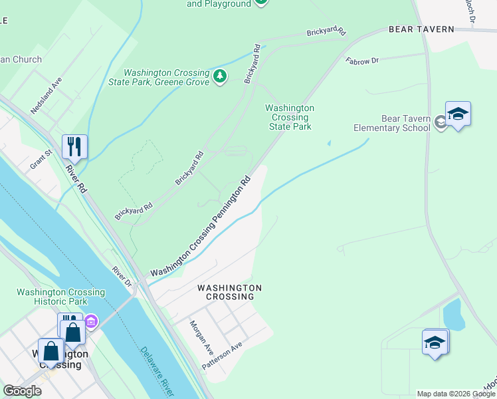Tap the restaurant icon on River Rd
point(74,146)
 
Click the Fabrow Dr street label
point(362,61)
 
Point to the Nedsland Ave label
point(47,94)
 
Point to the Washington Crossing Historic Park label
point(60,297)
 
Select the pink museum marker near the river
point(92,323)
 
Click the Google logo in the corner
point(22,391)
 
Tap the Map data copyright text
point(456,394)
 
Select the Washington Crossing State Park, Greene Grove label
point(166,78)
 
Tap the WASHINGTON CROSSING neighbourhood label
point(229,292)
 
